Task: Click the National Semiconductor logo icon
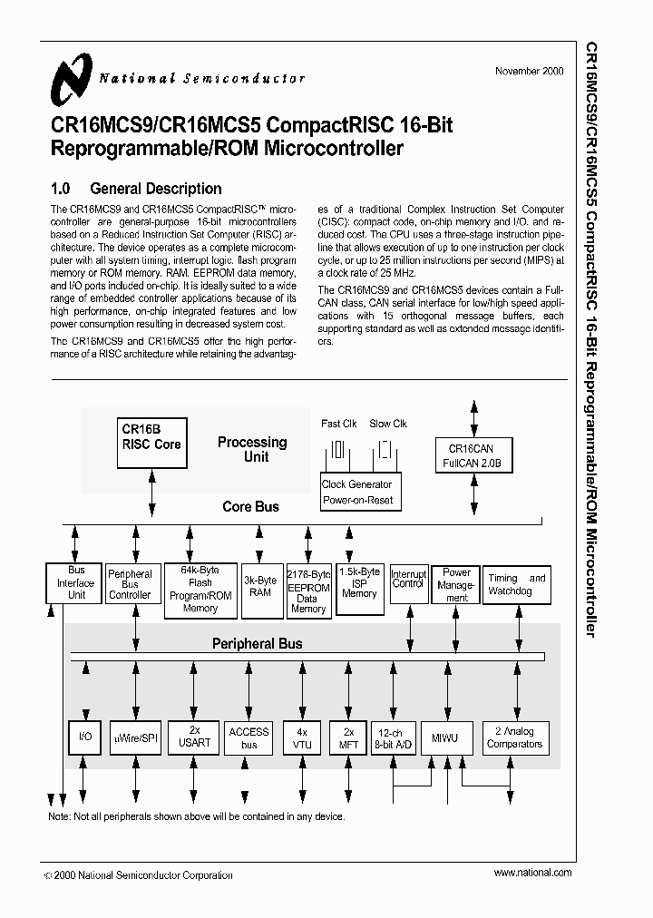71,78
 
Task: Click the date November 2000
532,72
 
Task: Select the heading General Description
156,189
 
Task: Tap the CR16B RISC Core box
151,441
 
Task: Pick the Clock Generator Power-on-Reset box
358,492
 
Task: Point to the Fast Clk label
338,424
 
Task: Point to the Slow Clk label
388,424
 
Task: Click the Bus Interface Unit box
76,583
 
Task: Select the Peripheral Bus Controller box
130,585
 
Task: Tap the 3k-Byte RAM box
259,586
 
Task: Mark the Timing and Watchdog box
517,585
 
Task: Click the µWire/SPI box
135,738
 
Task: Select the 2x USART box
194,737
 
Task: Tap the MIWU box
444,738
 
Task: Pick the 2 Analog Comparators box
514,737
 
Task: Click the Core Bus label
250,507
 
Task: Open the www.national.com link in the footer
532,872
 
